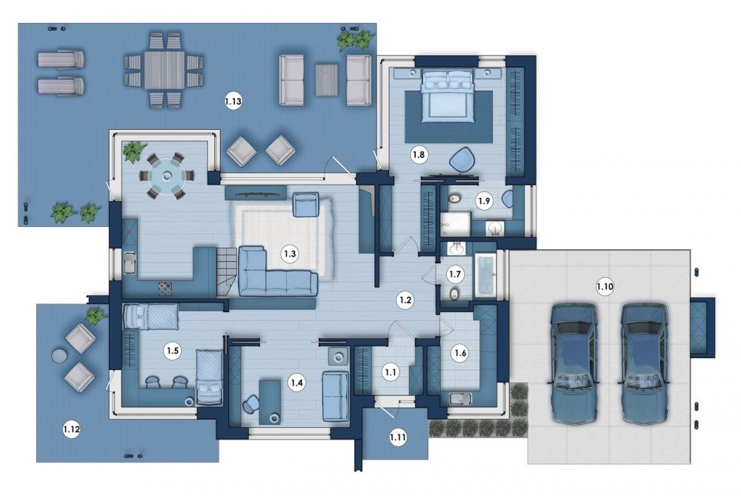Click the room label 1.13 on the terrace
tap(233, 101)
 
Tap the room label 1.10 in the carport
tap(605, 286)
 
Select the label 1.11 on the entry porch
tap(398, 437)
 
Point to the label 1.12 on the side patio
tap(71, 430)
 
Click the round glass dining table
tap(167, 176)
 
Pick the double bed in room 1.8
tap(448, 96)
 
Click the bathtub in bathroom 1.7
tap(485, 277)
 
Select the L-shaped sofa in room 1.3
tap(277, 271)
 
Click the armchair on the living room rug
tap(306, 205)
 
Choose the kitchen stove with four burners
tap(165, 288)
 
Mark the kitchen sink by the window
tap(129, 263)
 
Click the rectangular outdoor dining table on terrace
tap(164, 70)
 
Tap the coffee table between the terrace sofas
tap(327, 80)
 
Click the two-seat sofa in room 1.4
tap(336, 396)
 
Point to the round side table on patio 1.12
tap(59, 356)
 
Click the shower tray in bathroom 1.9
tap(456, 224)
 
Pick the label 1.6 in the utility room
tap(460, 353)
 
